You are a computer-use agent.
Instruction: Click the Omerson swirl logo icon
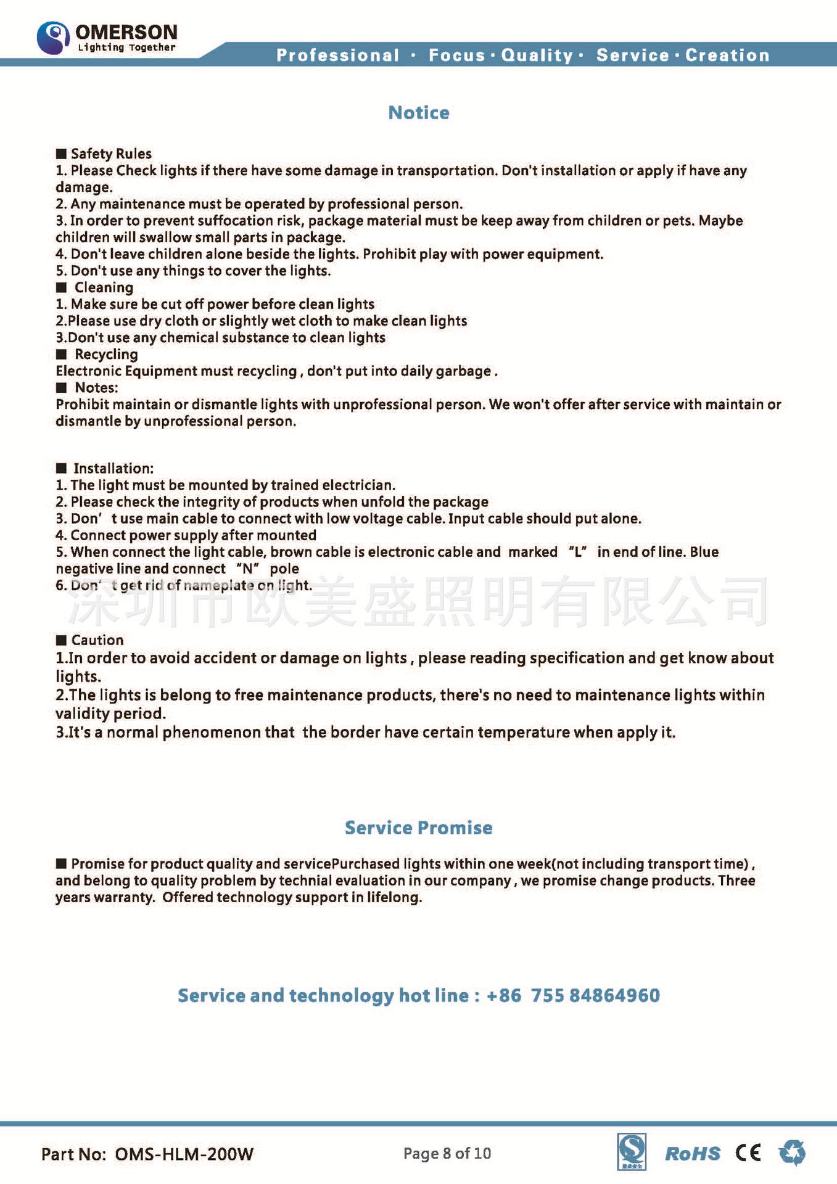(x=53, y=38)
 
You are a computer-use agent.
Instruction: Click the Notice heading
(x=419, y=113)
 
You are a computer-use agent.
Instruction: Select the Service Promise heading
(x=418, y=828)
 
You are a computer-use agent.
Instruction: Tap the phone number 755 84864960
(x=595, y=995)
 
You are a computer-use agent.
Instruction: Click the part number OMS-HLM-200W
(x=184, y=1154)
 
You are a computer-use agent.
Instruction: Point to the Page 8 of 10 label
(x=447, y=1153)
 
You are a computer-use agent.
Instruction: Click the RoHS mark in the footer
(x=693, y=1154)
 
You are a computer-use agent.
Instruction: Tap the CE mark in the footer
(x=748, y=1153)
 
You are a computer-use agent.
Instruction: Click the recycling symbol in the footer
(x=792, y=1153)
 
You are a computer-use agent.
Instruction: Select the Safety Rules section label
(x=111, y=154)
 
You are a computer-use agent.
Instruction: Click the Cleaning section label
(x=104, y=287)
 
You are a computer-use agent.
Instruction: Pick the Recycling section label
(x=106, y=354)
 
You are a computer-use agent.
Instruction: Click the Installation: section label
(x=113, y=468)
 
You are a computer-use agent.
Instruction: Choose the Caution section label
(x=97, y=640)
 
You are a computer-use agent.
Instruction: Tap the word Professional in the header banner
(x=338, y=55)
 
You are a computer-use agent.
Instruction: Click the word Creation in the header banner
(x=727, y=55)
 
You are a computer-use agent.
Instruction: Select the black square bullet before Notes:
(x=61, y=388)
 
